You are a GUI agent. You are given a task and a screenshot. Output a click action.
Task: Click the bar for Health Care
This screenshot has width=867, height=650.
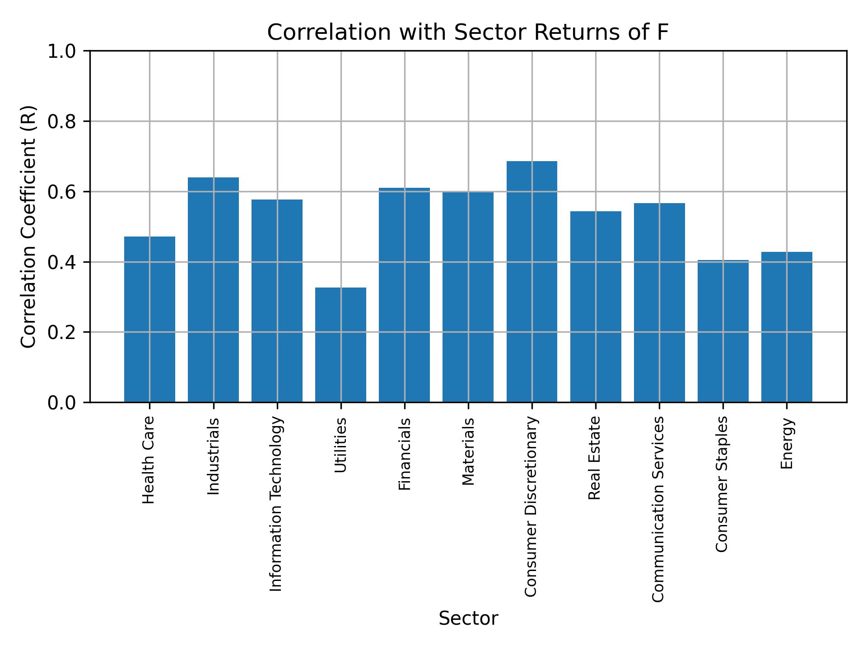[x=149, y=319]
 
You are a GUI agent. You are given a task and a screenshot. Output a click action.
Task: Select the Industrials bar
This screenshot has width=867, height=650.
[x=213, y=290]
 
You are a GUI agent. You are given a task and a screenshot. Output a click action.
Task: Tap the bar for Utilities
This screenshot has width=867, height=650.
[x=340, y=345]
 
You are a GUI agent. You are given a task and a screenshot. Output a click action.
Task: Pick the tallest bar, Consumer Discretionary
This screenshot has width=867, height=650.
[x=531, y=282]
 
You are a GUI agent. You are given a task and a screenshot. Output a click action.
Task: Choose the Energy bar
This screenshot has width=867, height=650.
[x=787, y=327]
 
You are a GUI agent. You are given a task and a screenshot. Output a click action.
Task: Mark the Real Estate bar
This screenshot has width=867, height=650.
[x=596, y=306]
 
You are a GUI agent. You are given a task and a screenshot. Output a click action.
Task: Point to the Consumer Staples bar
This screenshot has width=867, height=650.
[x=723, y=331]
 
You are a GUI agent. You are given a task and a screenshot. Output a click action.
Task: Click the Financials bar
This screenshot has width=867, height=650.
[x=404, y=295]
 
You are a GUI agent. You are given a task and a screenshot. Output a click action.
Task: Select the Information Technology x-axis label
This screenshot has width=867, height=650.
[x=276, y=504]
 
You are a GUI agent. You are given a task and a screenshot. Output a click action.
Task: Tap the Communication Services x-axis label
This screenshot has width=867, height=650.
[x=658, y=509]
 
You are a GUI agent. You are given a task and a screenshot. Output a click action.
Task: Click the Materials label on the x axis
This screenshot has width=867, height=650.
[x=468, y=451]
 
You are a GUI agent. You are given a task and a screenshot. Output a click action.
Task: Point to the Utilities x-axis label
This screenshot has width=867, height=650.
[x=340, y=445]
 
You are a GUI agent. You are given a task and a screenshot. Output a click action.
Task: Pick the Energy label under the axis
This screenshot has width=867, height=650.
[x=787, y=443]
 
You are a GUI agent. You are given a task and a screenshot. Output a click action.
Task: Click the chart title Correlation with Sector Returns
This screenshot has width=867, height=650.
[x=468, y=32]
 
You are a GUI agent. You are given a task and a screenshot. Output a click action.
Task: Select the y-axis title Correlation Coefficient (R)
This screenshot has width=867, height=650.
[x=29, y=227]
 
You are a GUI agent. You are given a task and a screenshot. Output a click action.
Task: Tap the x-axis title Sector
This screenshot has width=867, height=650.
[x=468, y=618]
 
